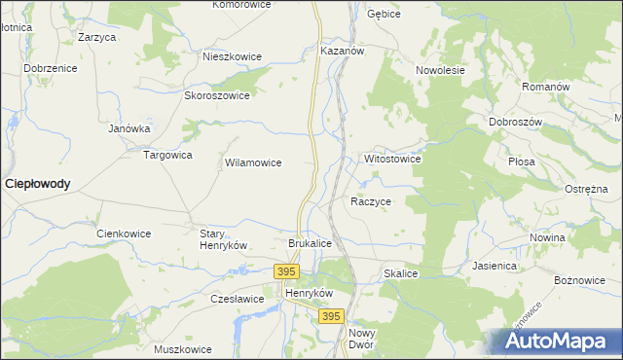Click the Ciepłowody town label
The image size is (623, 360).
(x=38, y=183)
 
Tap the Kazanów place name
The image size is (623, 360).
(x=341, y=50)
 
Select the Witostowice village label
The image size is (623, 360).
(x=391, y=158)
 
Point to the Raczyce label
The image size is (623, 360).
(x=370, y=201)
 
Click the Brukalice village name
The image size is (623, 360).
(x=311, y=243)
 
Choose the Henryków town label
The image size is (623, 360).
(x=309, y=293)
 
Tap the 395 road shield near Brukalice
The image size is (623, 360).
(x=285, y=271)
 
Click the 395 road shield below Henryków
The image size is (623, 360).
(x=331, y=316)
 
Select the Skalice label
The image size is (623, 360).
(x=400, y=274)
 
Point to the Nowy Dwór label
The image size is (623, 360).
(x=361, y=339)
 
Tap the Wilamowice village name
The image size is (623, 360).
(x=253, y=162)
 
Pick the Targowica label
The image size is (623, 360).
(x=167, y=155)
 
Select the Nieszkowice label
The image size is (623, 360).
(x=232, y=56)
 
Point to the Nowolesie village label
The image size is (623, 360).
(x=440, y=70)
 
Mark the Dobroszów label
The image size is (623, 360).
(x=515, y=122)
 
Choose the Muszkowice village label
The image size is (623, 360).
(x=183, y=349)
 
